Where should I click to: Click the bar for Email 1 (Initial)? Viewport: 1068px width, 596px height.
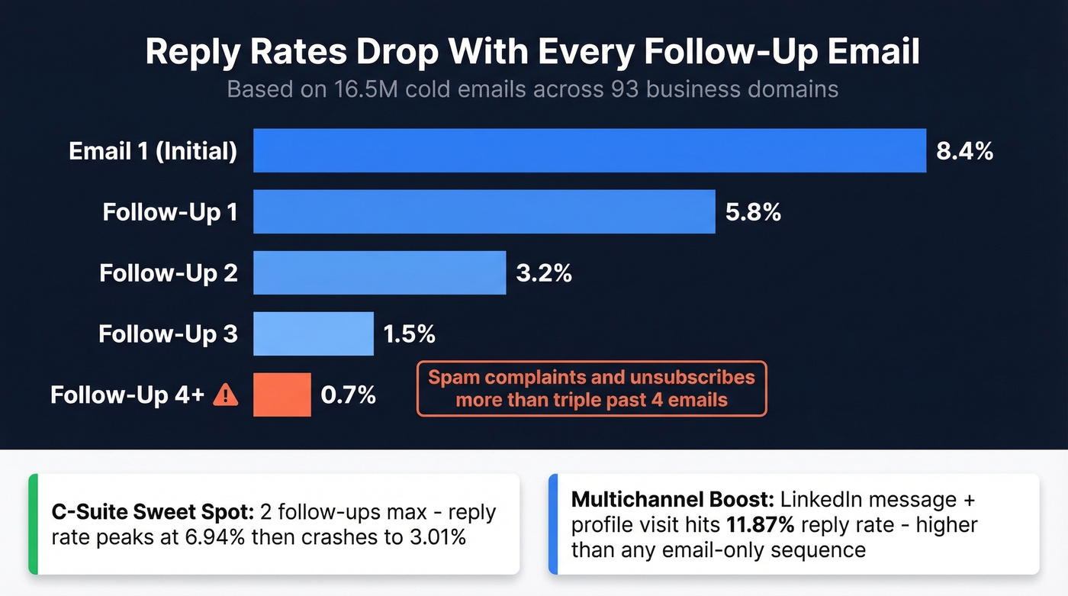pos(589,150)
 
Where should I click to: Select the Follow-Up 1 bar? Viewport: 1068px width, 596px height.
pos(484,211)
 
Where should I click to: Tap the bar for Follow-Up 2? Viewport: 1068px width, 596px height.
pos(379,272)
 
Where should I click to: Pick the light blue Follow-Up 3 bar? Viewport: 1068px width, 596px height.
pos(313,333)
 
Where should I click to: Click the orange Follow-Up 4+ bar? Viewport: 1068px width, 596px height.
pos(281,395)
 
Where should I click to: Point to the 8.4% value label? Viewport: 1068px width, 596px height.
pos(964,150)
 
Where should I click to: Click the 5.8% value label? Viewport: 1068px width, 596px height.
pos(753,211)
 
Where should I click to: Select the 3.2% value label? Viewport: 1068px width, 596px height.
pos(544,272)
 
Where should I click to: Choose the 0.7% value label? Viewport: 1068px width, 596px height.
pos(348,395)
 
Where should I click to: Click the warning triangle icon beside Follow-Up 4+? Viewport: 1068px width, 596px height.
pos(226,395)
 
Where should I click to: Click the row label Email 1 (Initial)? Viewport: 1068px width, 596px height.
pos(153,150)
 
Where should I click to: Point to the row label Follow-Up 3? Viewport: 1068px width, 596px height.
pos(168,333)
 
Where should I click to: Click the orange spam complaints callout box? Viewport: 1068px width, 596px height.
pos(591,388)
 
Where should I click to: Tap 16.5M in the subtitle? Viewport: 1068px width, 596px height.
pos(365,89)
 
